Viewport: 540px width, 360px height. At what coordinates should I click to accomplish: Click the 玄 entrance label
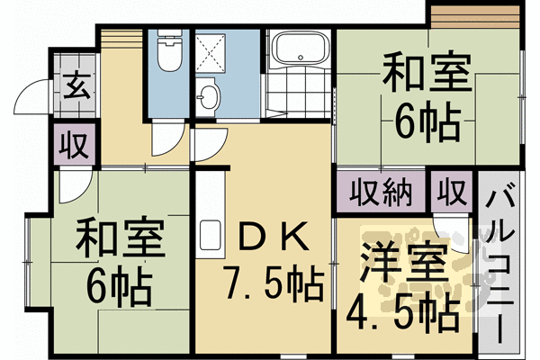pos(73,90)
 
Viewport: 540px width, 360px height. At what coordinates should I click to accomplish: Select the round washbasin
pos(210,96)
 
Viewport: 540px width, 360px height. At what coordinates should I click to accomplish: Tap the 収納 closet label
pos(377,193)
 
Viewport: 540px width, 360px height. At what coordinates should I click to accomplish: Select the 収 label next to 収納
pos(451,193)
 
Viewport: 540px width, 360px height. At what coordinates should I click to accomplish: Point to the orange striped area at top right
pos(473,16)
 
